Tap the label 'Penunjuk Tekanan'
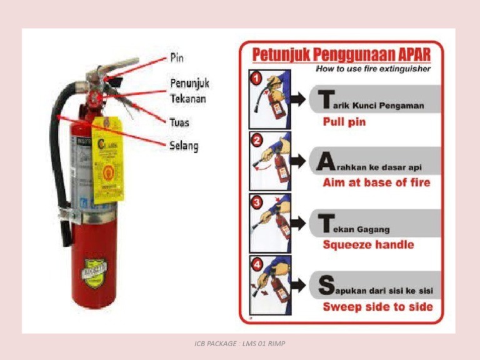pos(189,91)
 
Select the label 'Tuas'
pos(180,122)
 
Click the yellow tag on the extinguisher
pos(107,160)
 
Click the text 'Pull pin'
pos(344,122)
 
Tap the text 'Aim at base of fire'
pos(376,182)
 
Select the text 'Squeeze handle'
pos(368,244)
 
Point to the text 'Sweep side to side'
pos(377,306)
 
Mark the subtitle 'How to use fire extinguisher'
pos(372,69)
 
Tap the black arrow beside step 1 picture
pos(299,100)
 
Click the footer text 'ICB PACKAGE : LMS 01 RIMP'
pos(240,344)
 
